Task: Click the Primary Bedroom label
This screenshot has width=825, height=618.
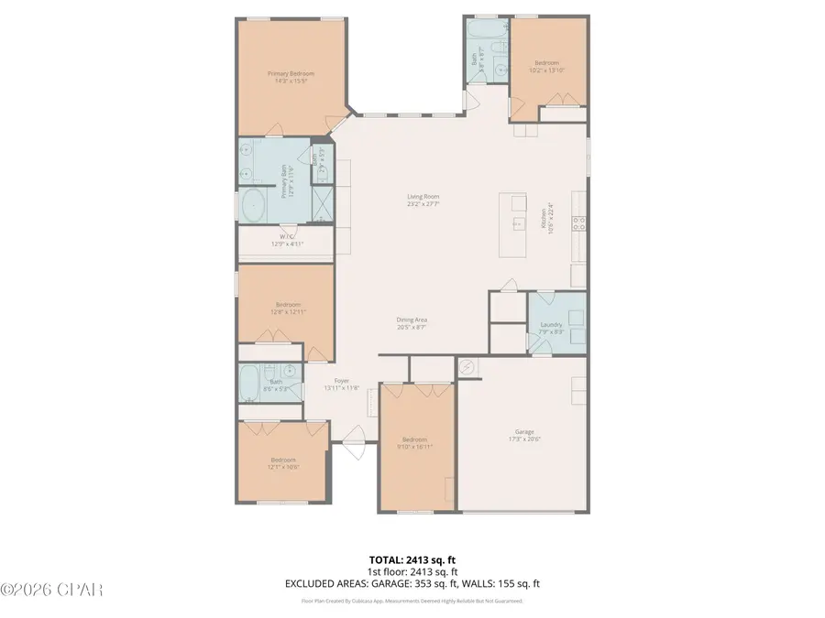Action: (x=291, y=73)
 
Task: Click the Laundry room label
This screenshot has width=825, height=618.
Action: (x=552, y=324)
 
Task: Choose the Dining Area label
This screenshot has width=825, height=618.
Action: (x=412, y=320)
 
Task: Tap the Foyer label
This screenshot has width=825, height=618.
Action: (x=342, y=380)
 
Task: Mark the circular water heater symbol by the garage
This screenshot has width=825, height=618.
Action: (x=467, y=366)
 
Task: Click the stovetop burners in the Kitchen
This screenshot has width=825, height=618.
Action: (x=577, y=221)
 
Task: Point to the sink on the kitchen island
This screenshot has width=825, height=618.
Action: (x=516, y=222)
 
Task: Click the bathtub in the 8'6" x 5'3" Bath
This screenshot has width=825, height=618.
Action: (x=248, y=385)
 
